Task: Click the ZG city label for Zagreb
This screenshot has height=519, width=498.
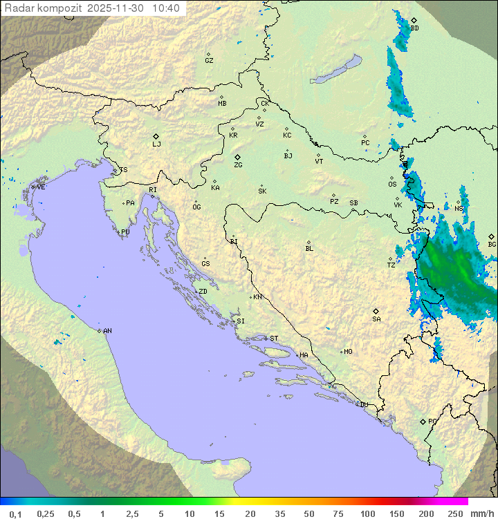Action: tap(238, 165)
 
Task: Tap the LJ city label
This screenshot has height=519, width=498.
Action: tap(156, 144)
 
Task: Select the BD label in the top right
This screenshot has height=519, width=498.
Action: tap(414, 28)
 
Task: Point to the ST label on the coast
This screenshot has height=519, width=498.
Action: tap(274, 339)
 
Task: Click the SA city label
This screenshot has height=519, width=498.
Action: tap(376, 319)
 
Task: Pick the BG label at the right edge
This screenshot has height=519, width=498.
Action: tap(492, 244)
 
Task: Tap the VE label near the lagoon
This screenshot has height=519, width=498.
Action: tap(41, 187)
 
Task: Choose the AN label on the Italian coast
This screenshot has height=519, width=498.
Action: tap(107, 331)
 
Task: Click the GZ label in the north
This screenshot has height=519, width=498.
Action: tap(209, 61)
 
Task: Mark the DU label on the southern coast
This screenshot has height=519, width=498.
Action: tap(363, 405)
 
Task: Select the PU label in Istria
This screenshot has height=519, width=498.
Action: tap(125, 232)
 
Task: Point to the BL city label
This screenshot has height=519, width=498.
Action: tap(309, 249)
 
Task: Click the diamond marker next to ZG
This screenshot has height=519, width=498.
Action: tap(237, 158)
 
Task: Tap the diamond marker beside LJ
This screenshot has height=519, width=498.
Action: tap(156, 136)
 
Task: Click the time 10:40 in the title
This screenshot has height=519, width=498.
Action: tap(166, 8)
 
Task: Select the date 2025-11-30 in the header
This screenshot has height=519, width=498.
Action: tap(117, 8)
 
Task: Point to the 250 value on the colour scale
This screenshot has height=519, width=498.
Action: tap(455, 513)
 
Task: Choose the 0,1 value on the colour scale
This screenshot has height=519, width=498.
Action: tap(15, 513)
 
